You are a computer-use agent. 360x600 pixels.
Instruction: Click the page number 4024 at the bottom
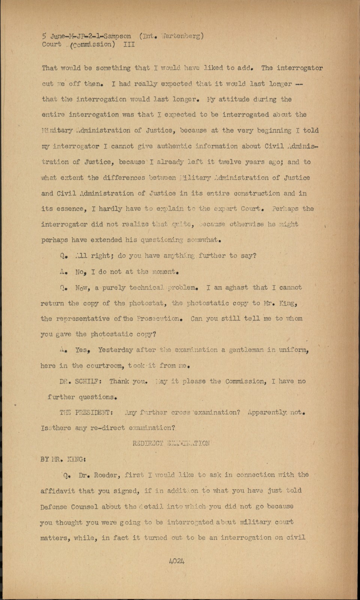click(177, 561)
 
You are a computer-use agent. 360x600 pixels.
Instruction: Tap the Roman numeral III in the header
click(129, 45)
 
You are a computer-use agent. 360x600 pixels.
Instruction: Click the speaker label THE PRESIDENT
click(86, 412)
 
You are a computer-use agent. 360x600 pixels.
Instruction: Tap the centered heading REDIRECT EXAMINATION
click(171, 444)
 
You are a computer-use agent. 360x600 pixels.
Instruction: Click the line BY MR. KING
click(61, 459)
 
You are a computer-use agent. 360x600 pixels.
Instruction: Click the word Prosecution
click(159, 319)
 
